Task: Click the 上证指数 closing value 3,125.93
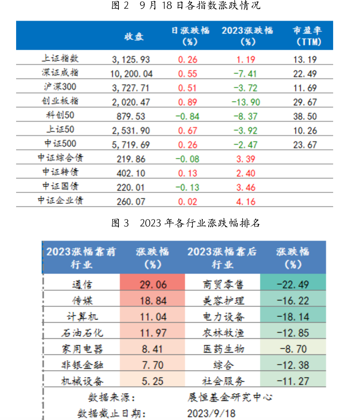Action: (131, 59)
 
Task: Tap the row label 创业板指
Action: (60, 101)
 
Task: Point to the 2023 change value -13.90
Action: (246, 102)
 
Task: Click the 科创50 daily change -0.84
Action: (187, 116)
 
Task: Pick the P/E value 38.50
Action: (305, 116)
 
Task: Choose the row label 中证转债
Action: (60, 172)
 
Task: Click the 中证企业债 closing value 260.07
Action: (131, 202)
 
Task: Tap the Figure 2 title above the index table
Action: (186, 5)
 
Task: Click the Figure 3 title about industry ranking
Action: (186, 223)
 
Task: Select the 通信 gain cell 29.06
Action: (153, 285)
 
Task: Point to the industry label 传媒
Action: (82, 300)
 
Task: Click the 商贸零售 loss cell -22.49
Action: (293, 285)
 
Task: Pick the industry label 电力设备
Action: (223, 317)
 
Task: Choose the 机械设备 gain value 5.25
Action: (152, 381)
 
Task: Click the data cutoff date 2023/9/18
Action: (211, 413)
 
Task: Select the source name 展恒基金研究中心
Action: (230, 397)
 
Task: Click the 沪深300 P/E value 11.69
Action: (305, 88)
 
